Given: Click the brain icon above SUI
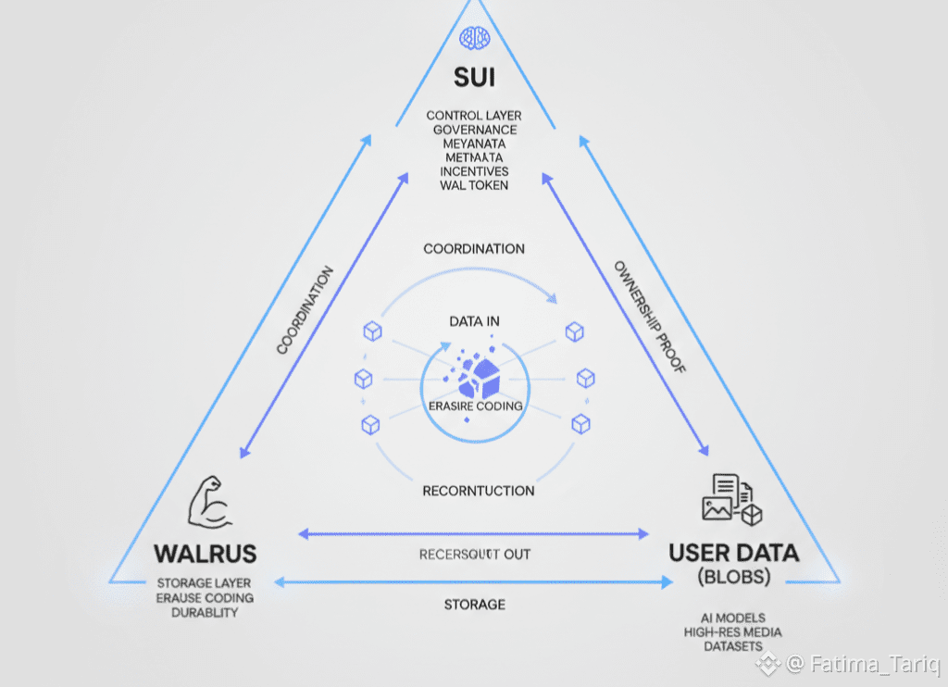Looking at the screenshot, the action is tap(474, 38).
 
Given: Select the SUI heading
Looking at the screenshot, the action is tap(474, 76).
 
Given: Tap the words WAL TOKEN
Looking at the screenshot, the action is tap(474, 185).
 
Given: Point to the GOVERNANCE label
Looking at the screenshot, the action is tap(474, 130).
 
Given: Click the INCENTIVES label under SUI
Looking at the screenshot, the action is tap(474, 171).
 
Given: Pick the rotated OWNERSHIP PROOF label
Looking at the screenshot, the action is tap(650, 318).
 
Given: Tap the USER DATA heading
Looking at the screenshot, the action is tap(733, 554).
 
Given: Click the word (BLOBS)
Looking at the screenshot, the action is tap(732, 578).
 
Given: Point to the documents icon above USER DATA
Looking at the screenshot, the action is tap(731, 500).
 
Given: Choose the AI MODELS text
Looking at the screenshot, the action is tap(732, 618).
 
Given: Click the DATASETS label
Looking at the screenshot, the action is tap(732, 645).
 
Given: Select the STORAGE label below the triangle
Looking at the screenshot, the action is tap(474, 605).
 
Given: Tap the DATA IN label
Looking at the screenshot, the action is tap(474, 321).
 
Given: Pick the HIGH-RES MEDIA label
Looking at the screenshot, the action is tap(732, 631).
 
